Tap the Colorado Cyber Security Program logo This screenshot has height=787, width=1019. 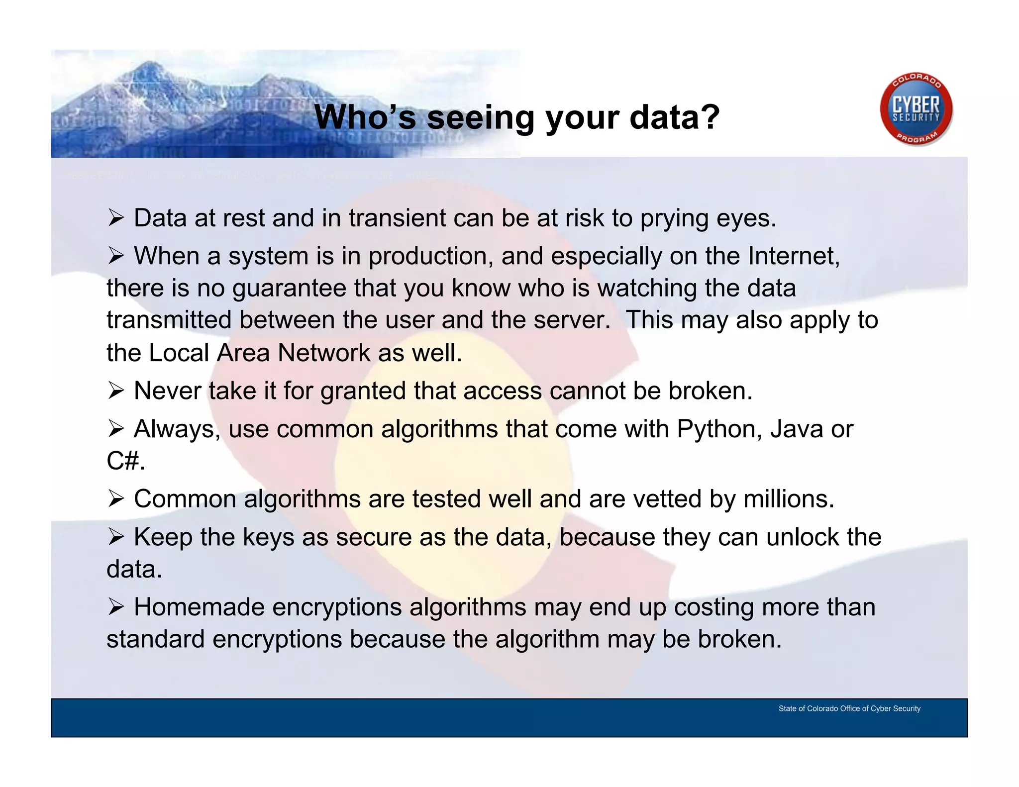point(916,110)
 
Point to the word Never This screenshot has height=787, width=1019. point(167,391)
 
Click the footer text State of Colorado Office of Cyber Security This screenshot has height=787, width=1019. point(849,708)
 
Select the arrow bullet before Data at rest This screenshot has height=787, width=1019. point(116,218)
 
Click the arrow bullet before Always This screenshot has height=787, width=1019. point(116,429)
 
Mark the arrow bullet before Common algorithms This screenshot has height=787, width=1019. point(116,499)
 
